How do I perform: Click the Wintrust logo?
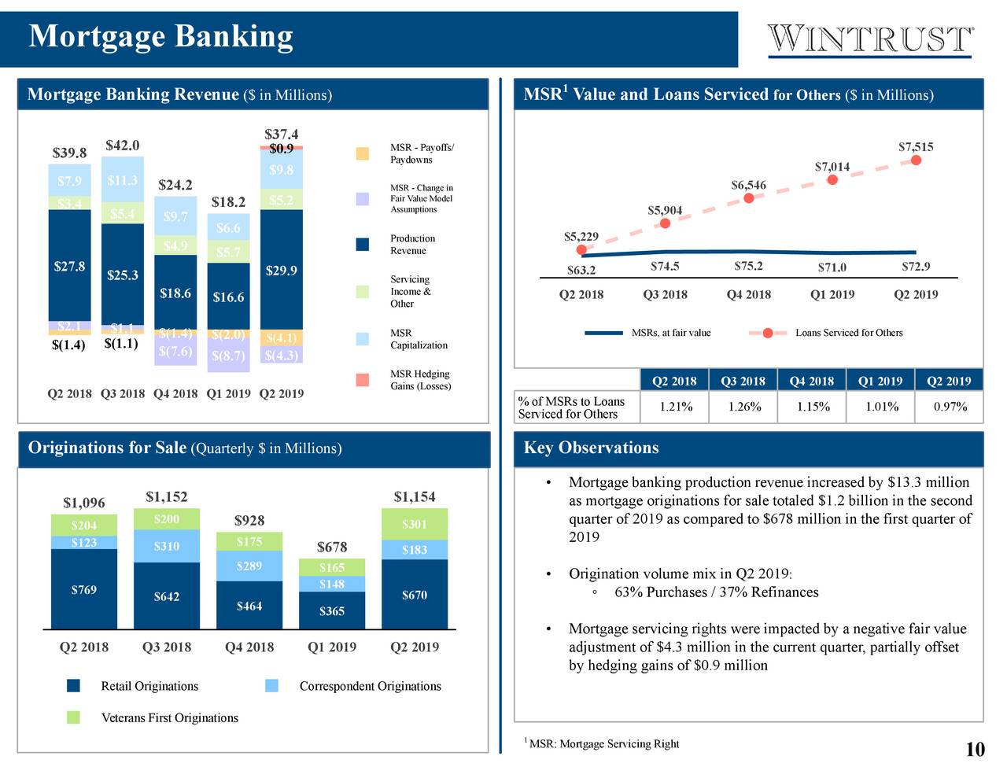(870, 39)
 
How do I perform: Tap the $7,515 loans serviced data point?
(916, 160)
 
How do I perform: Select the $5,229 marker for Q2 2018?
(581, 250)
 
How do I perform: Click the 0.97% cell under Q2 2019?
(950, 407)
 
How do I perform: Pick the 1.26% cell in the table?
(743, 407)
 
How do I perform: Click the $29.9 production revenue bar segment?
(281, 270)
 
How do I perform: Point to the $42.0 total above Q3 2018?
(122, 146)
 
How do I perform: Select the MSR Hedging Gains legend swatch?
(362, 380)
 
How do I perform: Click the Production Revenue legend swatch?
(362, 245)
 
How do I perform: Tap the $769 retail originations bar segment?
(83, 589)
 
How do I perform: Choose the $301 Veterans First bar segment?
(414, 525)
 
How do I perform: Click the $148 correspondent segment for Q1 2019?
(331, 584)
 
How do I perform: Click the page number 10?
(975, 750)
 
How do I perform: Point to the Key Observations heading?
(591, 448)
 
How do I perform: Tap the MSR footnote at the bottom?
(603, 744)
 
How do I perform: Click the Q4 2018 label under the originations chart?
(249, 647)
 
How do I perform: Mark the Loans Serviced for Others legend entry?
(848, 333)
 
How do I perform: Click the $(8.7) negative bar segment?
(228, 356)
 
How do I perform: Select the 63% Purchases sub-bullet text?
(716, 592)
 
